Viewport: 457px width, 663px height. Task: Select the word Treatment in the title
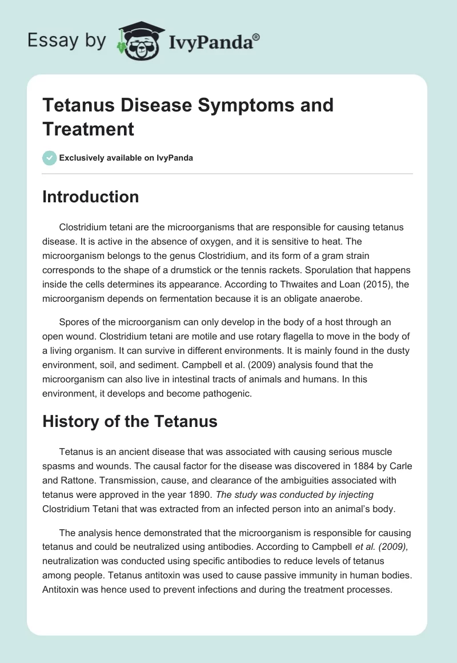[x=88, y=129]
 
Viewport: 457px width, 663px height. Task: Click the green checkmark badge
[x=50, y=158]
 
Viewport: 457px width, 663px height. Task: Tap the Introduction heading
[x=91, y=197]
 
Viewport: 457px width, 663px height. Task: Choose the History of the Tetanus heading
[x=130, y=421]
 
